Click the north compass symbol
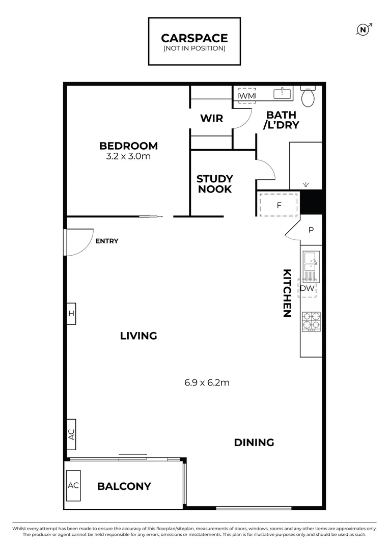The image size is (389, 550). click(363, 30)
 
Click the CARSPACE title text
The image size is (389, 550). click(194, 38)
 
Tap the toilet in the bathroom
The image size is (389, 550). click(308, 97)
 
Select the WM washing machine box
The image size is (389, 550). click(247, 96)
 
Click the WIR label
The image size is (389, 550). click(211, 118)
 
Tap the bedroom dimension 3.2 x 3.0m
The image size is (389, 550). click(128, 156)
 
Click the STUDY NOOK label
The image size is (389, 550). click(214, 184)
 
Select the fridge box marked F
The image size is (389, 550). click(279, 205)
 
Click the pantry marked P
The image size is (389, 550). click(311, 230)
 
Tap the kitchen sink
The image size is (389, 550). click(310, 263)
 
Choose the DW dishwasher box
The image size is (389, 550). click(307, 289)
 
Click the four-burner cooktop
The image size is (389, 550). click(311, 322)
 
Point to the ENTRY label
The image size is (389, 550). click(107, 241)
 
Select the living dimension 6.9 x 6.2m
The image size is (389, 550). click(207, 382)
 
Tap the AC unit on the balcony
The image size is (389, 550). click(73, 485)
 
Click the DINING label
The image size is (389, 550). click(254, 443)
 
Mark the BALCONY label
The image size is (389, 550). click(124, 486)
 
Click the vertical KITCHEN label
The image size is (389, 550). click(287, 293)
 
